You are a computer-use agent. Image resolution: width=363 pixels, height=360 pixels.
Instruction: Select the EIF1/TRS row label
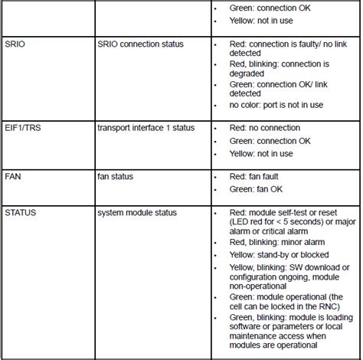point(24,127)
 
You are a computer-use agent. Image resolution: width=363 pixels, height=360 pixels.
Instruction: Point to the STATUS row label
point(21,209)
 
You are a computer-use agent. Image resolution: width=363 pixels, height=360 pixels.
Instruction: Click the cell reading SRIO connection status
point(140,44)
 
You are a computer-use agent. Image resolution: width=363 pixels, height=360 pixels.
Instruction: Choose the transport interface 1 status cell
point(147,127)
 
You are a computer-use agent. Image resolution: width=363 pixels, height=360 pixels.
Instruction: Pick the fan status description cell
point(116,177)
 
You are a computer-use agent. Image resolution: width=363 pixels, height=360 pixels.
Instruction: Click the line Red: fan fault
point(262,177)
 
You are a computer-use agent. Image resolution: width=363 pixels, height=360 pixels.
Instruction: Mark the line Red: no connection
point(265,127)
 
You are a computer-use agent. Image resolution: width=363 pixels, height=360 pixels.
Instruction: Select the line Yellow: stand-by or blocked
point(283,254)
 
